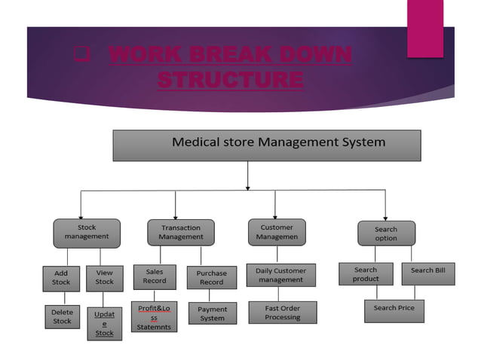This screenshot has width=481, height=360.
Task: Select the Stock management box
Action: [86, 233]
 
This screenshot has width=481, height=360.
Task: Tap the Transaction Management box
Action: [181, 233]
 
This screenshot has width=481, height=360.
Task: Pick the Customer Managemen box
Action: [277, 232]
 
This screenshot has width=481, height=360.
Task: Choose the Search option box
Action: [385, 233]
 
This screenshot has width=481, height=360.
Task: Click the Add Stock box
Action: [61, 278]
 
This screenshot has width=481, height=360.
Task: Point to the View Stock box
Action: [104, 278]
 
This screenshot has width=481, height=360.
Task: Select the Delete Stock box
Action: [61, 317]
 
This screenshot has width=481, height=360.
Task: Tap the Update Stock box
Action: [104, 323]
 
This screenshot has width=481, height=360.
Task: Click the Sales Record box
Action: [155, 276]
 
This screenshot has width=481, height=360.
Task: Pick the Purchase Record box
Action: [211, 278]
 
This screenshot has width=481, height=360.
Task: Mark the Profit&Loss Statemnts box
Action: [154, 318]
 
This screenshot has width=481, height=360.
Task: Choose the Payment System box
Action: [212, 314]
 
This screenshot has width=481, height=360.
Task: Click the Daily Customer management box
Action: [281, 275]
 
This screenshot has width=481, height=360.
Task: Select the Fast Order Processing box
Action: [283, 313]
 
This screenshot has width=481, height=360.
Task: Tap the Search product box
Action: [365, 274]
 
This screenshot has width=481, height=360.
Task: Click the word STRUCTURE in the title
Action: [231, 78]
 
